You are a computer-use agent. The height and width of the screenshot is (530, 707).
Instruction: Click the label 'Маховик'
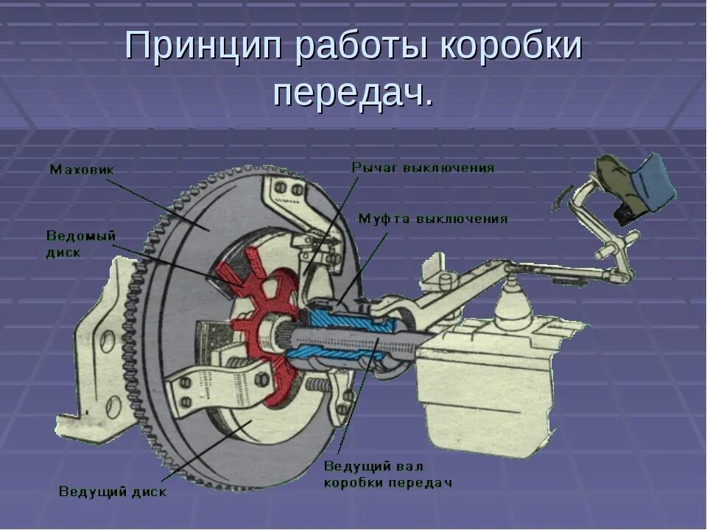coord(82,170)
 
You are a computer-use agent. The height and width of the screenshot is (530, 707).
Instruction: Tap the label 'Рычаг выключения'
coord(422,168)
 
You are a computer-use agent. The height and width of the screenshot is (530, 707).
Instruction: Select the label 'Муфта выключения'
coord(432,219)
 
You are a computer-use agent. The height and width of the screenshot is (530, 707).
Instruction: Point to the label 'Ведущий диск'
coord(113,492)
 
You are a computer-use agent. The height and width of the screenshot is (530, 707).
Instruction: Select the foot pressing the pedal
coord(633,184)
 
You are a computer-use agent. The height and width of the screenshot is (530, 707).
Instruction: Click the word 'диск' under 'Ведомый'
coord(63,252)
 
